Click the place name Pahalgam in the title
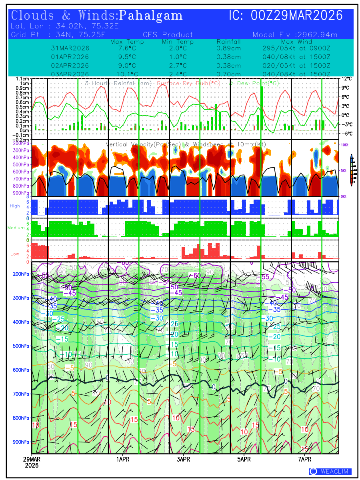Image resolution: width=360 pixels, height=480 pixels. (151, 16)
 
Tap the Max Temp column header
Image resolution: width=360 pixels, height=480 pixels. (127, 42)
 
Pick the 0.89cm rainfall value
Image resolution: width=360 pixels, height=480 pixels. (229, 48)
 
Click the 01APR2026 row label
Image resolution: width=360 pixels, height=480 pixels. (70, 57)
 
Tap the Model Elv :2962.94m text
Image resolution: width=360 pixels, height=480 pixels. (295, 35)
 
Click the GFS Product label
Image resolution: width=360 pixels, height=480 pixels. (168, 35)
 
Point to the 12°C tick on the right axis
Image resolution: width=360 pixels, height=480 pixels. (346, 79)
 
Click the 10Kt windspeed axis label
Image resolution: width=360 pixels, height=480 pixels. (345, 144)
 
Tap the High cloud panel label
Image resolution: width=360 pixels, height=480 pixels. (15, 206)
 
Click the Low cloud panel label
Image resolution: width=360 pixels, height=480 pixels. (15, 254)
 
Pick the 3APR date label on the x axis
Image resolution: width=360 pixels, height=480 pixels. (183, 459)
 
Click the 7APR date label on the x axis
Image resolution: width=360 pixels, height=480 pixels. (305, 459)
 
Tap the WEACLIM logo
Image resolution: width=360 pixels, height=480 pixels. (330, 472)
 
